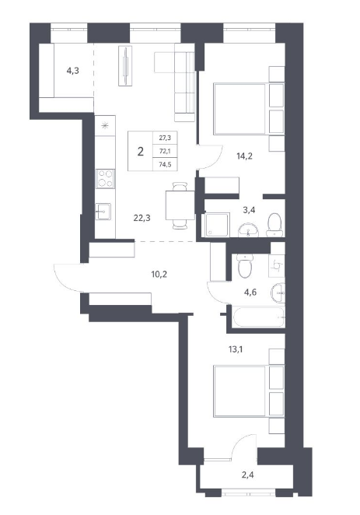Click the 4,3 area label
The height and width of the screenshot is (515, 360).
click(x=73, y=71)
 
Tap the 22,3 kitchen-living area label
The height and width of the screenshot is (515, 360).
click(x=142, y=217)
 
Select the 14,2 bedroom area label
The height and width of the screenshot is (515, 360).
click(x=244, y=156)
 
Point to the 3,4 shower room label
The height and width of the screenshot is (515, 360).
click(x=249, y=209)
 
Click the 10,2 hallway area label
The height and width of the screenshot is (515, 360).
click(x=159, y=274)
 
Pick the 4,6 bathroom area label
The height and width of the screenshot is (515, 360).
click(x=250, y=292)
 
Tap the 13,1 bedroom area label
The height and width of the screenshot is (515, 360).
click(x=236, y=349)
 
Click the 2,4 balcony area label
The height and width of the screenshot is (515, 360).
click(x=247, y=475)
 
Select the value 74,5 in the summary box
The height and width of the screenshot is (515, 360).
click(x=165, y=165)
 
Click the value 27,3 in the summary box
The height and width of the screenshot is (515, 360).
click(x=165, y=138)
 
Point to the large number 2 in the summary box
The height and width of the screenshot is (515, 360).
click(x=141, y=152)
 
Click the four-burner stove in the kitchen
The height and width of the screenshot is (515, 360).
click(x=105, y=179)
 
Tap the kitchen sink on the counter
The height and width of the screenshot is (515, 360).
click(x=103, y=212)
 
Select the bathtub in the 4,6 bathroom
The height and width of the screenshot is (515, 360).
click(x=258, y=317)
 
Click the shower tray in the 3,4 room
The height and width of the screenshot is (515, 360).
click(x=218, y=225)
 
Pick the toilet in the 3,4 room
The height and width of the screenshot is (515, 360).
click(x=274, y=225)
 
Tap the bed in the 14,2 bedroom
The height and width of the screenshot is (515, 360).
click(x=239, y=109)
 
